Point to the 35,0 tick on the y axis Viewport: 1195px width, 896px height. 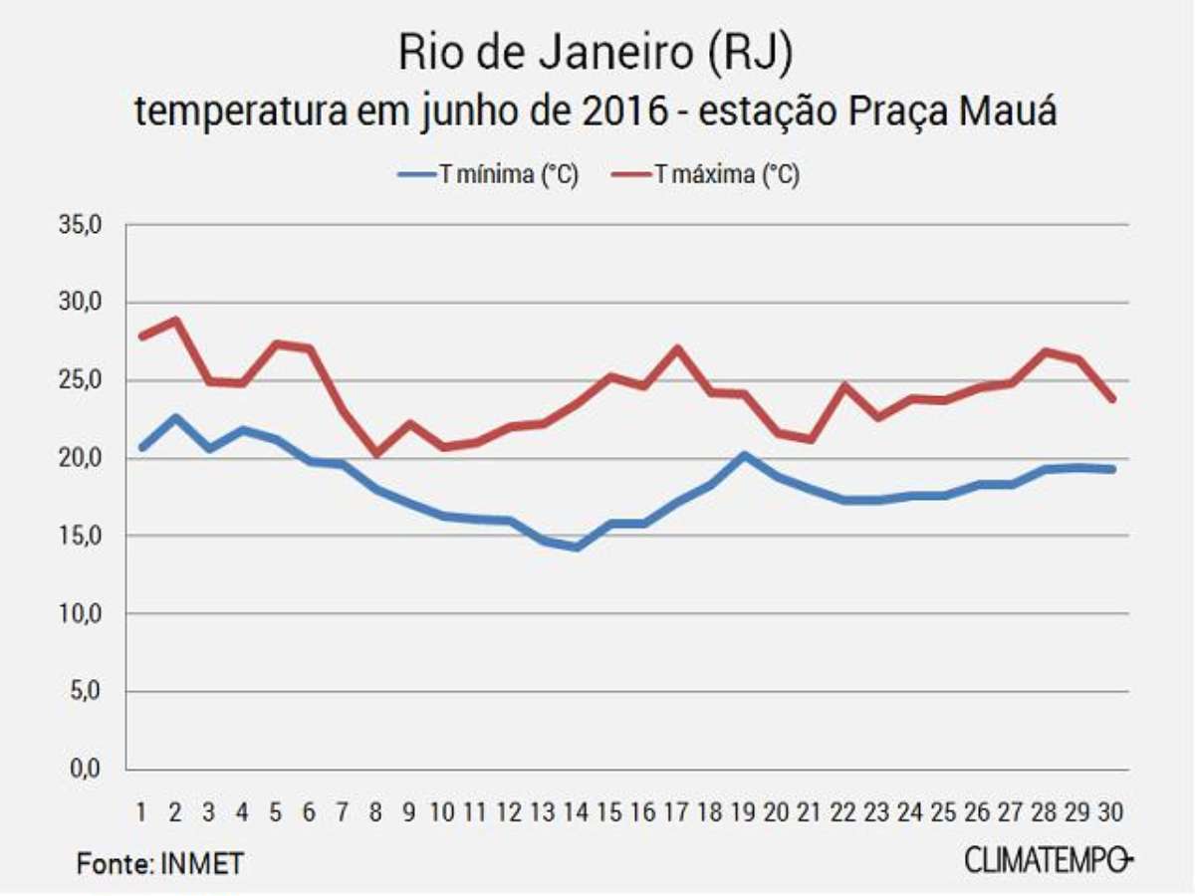coord(85,225)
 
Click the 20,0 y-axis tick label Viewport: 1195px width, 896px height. coord(85,459)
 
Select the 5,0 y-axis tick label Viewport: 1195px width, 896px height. coord(90,692)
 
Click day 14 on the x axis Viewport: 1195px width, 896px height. coord(577,812)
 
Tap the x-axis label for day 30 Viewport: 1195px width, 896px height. coord(1111,812)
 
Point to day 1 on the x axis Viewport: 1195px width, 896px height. coord(141,812)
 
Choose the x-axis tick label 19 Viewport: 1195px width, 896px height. coord(744,812)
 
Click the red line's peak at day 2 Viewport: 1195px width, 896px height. coord(175,321)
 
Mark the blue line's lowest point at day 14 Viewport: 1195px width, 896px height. coord(577,547)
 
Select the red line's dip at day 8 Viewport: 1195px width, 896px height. coord(375,453)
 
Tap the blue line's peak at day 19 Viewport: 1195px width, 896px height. coord(744,456)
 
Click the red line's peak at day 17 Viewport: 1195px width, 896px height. coord(677,348)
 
